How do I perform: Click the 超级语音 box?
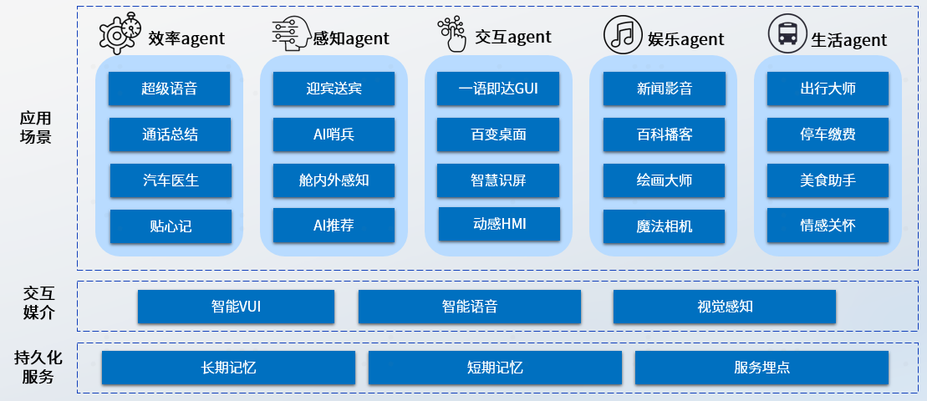169,89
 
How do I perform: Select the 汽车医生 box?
170,180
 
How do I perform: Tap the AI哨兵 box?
334,134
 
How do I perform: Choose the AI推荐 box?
334,225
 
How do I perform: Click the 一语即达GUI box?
498,89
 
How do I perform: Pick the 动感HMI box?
499,223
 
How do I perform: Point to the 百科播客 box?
664,134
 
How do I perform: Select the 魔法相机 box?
664,226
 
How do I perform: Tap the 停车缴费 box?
828,134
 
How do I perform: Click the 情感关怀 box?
828,225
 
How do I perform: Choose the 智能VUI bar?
236,307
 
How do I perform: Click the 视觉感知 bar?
725,307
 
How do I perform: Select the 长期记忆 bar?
228,368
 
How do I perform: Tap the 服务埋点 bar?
761,368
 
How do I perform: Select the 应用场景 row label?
35,128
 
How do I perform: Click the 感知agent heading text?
350,38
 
